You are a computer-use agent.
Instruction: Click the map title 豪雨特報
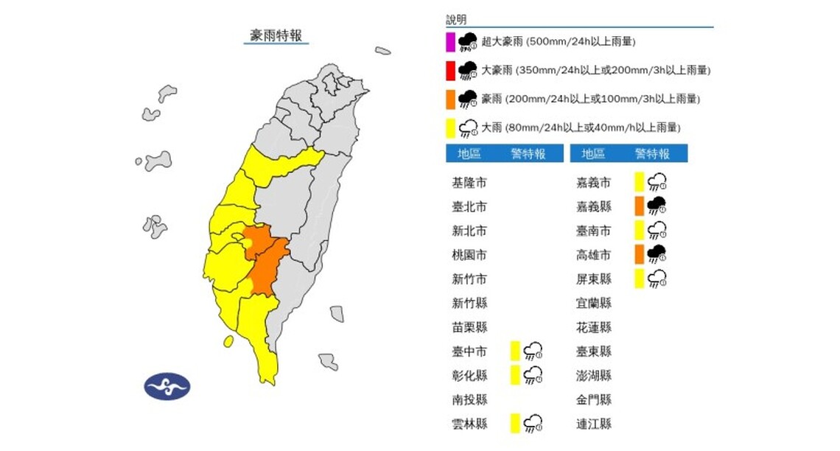point(276,35)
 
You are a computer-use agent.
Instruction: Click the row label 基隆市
point(469,182)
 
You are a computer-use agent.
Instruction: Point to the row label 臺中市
point(469,351)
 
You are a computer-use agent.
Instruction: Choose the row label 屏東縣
point(594,279)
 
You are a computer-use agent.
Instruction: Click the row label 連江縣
point(594,424)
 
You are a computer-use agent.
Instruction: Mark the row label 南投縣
point(469,399)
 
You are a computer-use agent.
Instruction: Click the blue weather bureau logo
point(167,385)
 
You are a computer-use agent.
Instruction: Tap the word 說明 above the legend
point(456,20)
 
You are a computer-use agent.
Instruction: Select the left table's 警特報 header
point(528,154)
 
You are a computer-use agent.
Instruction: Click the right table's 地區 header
point(593,154)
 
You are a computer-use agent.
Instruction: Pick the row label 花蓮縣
point(594,327)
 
